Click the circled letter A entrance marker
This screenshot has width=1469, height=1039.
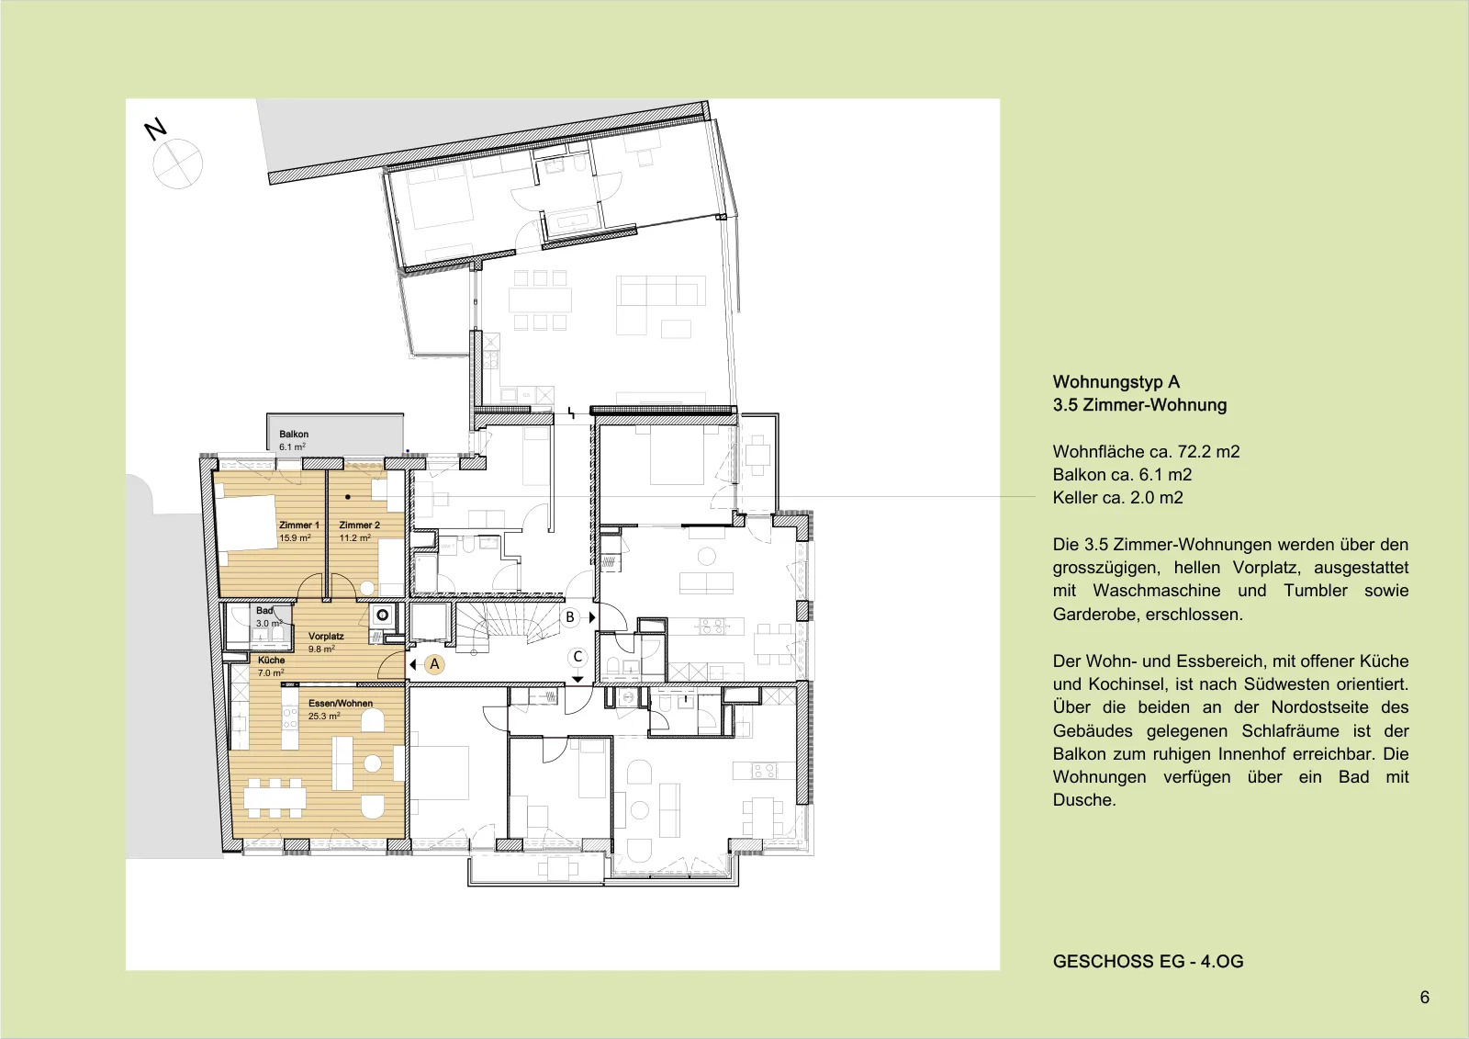434,664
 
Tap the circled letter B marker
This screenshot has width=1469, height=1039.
570,617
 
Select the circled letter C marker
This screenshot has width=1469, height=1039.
578,657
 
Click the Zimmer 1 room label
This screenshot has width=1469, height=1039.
299,525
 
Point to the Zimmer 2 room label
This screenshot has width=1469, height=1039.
359,525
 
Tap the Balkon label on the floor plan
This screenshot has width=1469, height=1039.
294,434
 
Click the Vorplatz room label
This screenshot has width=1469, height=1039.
326,636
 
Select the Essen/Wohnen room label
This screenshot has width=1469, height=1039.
341,703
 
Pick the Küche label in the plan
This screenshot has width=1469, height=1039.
272,661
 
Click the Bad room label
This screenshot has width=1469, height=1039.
264,610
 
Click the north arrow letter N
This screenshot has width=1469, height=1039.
155,130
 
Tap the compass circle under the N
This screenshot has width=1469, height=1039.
178,164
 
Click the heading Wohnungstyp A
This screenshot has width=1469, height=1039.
1116,382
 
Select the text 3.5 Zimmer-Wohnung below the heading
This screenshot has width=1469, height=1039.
1139,405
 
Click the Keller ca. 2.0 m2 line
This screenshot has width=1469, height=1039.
1118,498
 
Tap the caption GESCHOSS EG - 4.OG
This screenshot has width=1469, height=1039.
1149,962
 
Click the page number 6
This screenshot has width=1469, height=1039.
1424,998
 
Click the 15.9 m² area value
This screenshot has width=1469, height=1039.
295,537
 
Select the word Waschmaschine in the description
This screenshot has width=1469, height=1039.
1156,591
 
